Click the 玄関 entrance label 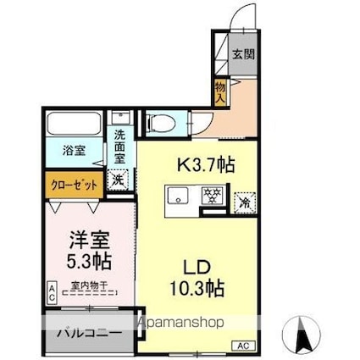[x=244, y=55]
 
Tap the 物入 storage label [x=220, y=91]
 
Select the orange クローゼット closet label [x=73, y=181]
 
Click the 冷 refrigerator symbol [x=243, y=203]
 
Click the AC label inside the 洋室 [x=51, y=294]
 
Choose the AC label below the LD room [x=241, y=346]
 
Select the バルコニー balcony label [x=84, y=333]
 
